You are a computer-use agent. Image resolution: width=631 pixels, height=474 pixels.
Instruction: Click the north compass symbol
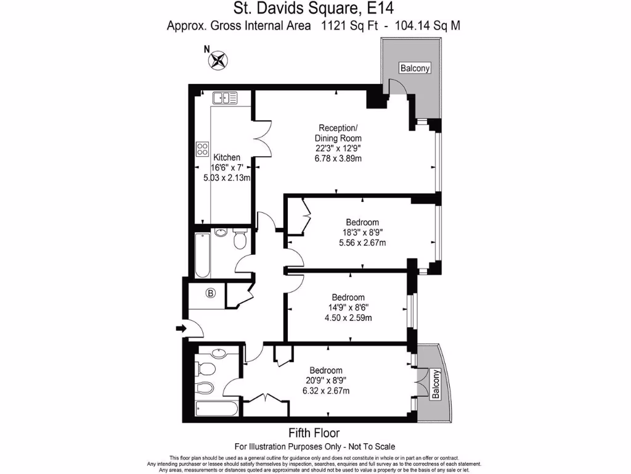pos(218,60)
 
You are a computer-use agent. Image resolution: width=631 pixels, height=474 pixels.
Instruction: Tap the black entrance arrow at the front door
pos(179,329)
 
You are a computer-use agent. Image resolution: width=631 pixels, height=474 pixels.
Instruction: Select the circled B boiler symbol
pos(211,294)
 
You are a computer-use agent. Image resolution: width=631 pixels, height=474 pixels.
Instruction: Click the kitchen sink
pos(224,98)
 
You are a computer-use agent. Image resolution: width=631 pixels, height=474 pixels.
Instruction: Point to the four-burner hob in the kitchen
pos(202,148)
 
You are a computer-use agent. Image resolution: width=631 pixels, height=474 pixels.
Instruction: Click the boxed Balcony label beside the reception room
pos(414,69)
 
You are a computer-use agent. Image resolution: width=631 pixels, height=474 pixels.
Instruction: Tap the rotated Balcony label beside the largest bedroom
pos(436,385)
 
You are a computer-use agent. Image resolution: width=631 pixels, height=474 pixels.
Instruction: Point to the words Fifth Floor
pos(314,433)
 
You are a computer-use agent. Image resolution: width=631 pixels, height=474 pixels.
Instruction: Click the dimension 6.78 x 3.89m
pos(338,159)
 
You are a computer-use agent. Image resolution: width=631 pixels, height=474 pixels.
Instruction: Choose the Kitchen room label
pos(226,158)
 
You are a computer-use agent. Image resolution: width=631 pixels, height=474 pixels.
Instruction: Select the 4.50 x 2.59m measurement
pos(348,318)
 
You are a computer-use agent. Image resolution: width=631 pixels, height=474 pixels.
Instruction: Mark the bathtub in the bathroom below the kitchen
pos(202,256)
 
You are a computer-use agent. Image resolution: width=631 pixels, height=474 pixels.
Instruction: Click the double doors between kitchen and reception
pos(261,137)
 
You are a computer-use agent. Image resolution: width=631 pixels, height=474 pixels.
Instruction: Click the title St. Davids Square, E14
pos(314,9)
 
